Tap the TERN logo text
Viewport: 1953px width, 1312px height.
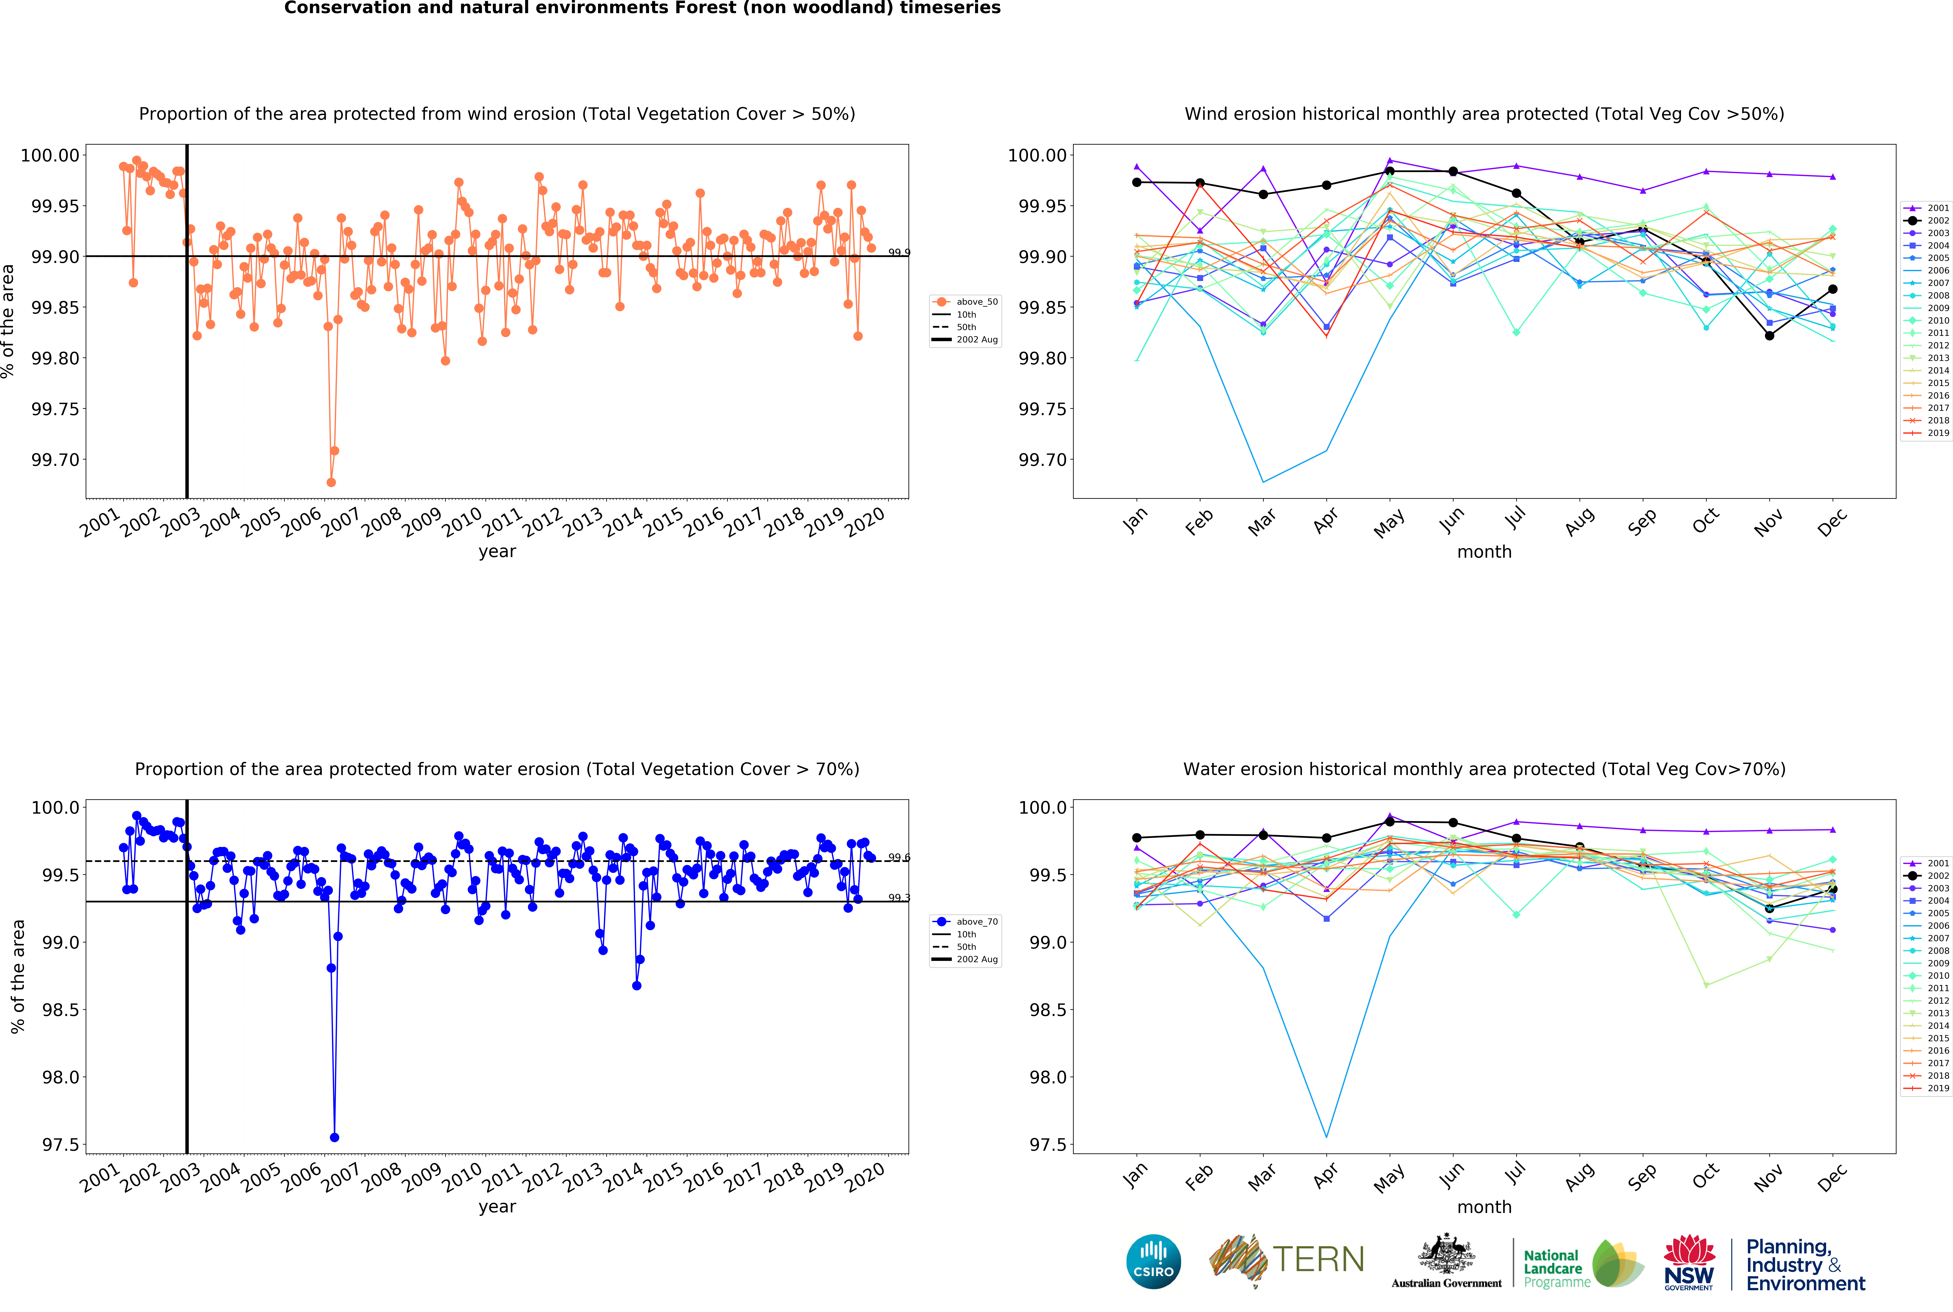tap(1318, 1259)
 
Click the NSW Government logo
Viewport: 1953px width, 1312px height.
tap(1689, 1262)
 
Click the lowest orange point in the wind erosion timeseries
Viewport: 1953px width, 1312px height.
tap(331, 482)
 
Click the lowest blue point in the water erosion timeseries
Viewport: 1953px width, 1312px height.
tap(335, 1137)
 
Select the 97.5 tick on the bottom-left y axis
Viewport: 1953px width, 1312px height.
tap(60, 1145)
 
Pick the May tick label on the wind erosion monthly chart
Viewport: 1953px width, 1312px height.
tap(1389, 523)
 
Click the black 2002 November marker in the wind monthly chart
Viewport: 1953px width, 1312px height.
tap(1769, 335)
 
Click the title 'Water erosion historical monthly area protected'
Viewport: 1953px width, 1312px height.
tap(1484, 769)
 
